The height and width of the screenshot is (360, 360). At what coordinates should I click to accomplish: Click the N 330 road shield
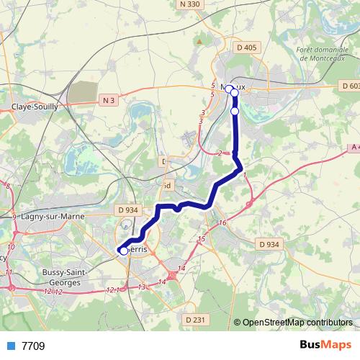(190, 4)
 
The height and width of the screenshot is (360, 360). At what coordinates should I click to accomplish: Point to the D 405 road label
(246, 48)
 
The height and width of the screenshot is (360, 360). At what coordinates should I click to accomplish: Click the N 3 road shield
(109, 100)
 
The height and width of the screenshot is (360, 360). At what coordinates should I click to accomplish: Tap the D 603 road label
(348, 86)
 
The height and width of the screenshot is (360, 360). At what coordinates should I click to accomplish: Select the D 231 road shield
(196, 319)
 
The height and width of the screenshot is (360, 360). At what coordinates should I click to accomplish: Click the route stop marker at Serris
(124, 251)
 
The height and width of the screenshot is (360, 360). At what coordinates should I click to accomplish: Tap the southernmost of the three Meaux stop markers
(234, 112)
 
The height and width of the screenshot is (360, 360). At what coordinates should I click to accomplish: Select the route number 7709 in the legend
(33, 346)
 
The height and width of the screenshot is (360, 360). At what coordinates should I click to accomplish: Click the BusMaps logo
(325, 345)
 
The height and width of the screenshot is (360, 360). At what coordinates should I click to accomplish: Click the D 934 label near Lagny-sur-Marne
(127, 210)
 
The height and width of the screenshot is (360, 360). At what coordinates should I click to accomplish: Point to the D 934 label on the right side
(269, 245)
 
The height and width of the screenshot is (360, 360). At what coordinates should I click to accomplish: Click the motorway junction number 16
(222, 223)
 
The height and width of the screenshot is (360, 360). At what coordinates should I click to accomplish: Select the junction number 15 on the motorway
(202, 238)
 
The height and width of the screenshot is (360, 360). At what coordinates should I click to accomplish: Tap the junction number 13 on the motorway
(141, 287)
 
